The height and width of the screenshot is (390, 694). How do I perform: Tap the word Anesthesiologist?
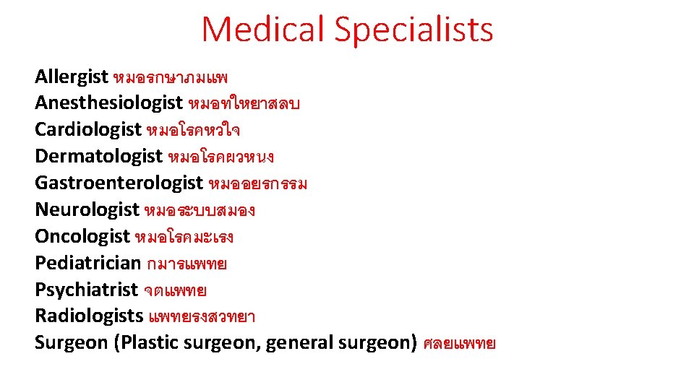point(109,103)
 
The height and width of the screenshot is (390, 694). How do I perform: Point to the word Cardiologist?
point(88,130)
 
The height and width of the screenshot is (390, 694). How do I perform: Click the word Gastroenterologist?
point(119,183)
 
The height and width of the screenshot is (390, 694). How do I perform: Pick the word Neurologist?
point(87,210)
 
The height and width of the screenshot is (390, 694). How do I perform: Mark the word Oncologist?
point(82,237)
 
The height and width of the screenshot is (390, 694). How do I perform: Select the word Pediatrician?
point(87,263)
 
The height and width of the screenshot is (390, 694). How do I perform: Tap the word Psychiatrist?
point(86,290)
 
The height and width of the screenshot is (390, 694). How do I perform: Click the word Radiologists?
point(89,316)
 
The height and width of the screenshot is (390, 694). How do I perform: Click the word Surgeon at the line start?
point(71,343)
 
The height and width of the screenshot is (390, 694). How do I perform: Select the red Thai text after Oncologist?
point(184,237)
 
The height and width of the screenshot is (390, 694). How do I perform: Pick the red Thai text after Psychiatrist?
point(175,290)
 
